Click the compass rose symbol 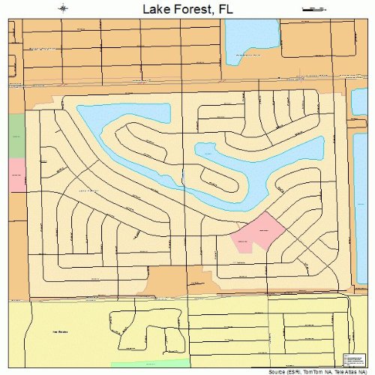pyautogui.click(x=64, y=8)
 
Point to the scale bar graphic pyautogui.click(x=313, y=8)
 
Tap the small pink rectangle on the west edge pyautogui.click(x=16, y=175)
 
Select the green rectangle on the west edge pyautogui.click(x=16, y=135)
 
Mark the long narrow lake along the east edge pyautogui.click(x=361, y=195)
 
